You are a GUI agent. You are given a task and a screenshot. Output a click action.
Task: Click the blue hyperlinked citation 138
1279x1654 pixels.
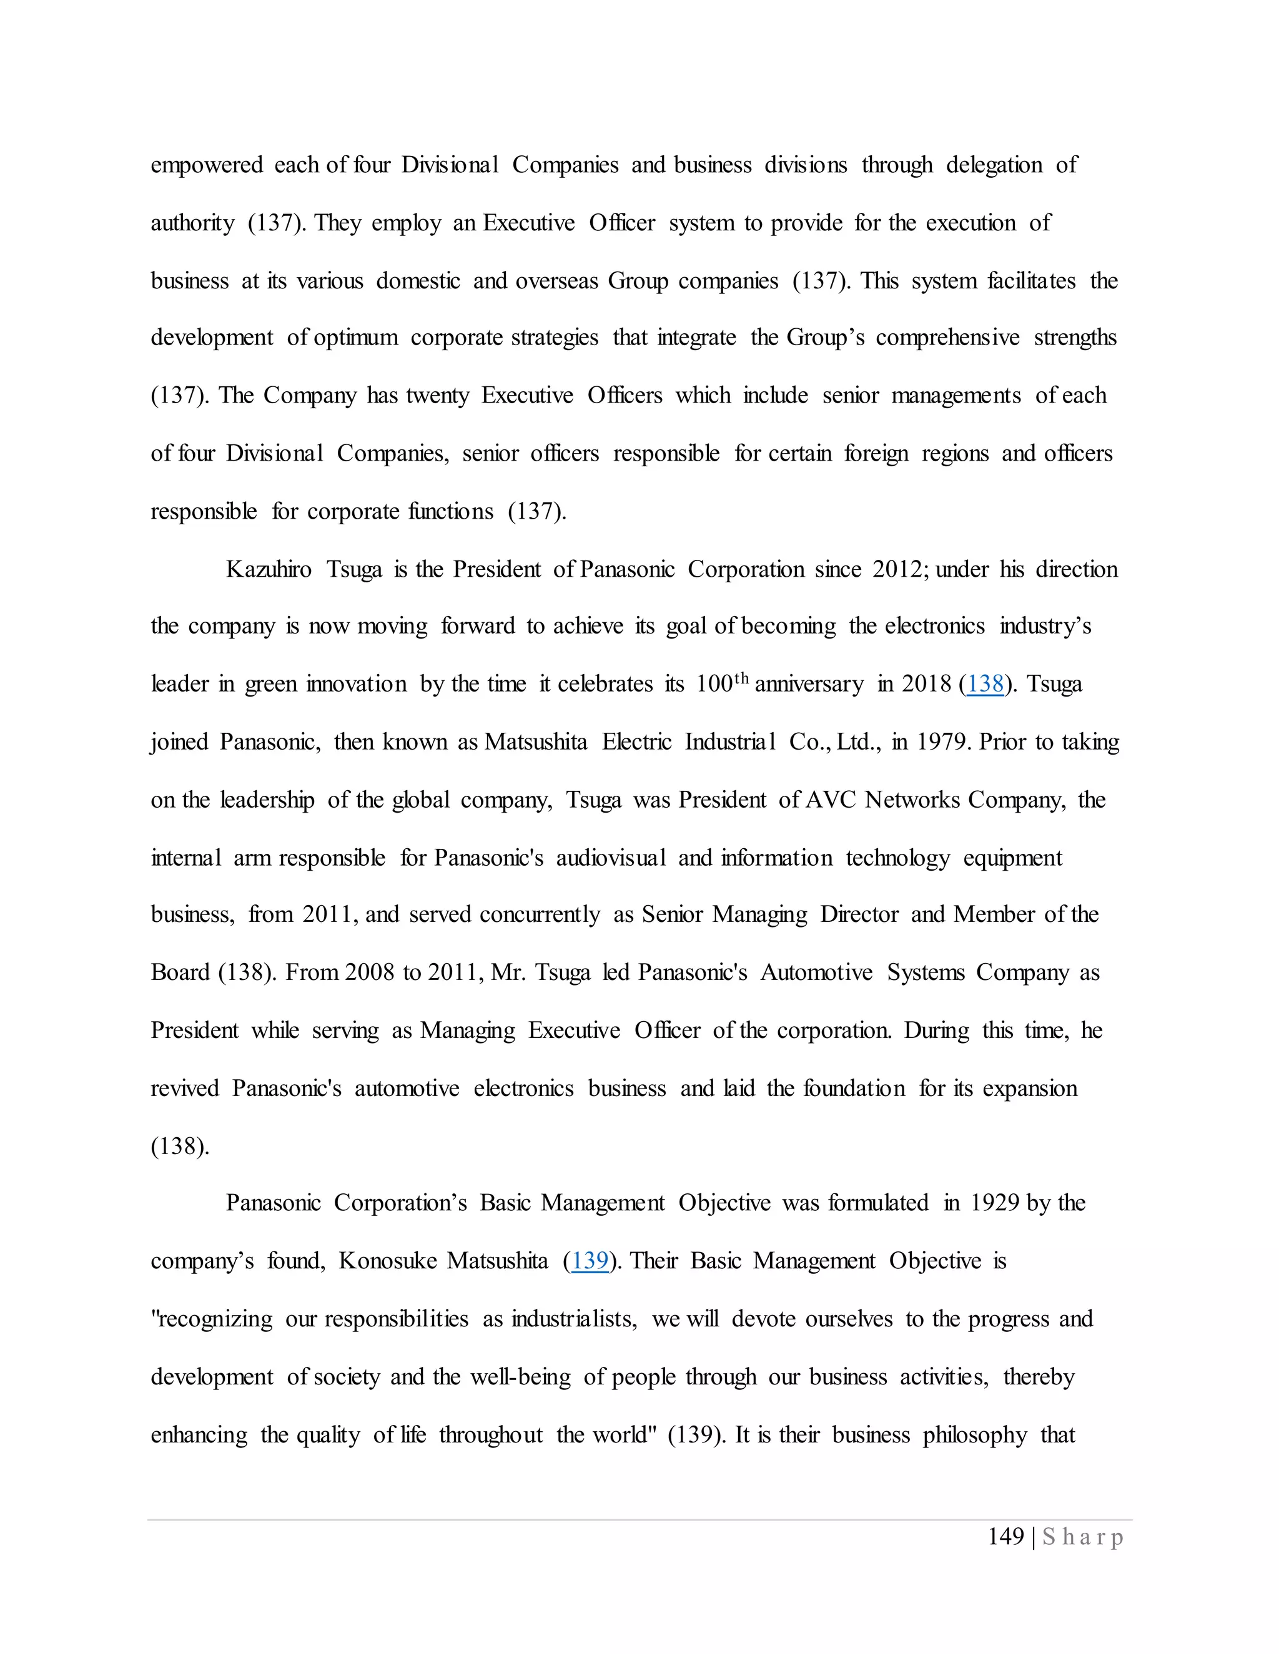[984, 684]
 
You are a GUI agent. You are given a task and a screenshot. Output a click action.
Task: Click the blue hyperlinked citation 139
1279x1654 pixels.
[590, 1261]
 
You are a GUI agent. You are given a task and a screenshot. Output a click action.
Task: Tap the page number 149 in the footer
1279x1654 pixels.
[1005, 1537]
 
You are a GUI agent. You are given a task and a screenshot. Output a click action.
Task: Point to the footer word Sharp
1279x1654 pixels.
[1083, 1537]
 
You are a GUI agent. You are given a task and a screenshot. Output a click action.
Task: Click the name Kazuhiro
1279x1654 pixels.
[268, 569]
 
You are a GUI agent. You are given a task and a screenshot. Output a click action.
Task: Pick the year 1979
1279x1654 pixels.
[942, 741]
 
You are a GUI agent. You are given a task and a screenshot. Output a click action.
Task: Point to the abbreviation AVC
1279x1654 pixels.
[831, 800]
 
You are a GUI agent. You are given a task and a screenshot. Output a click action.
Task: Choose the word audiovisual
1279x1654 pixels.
[611, 858]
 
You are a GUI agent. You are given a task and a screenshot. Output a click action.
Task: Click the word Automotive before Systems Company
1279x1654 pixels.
[816, 972]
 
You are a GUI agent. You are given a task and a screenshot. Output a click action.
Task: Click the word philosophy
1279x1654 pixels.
[974, 1434]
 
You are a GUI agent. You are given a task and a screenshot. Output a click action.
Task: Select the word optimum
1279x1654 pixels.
[355, 338]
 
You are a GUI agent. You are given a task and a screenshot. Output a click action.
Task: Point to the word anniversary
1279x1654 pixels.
[809, 684]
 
